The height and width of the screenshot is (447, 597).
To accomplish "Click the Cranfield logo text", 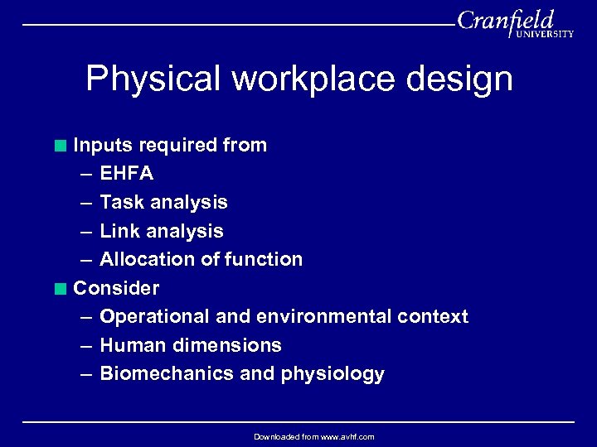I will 505,21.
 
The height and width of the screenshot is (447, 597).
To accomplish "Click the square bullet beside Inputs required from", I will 61,146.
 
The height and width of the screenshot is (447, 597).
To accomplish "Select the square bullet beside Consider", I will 61,289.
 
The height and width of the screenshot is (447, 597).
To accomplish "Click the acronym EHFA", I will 126,174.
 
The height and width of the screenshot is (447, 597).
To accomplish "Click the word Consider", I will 116,288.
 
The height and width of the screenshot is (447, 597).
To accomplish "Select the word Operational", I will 154,316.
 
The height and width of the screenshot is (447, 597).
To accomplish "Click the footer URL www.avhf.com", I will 342,437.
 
